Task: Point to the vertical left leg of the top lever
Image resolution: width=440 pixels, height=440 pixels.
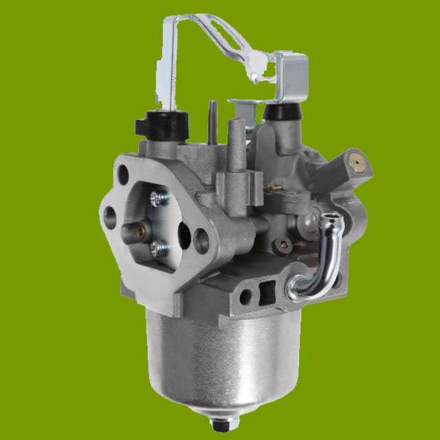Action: (169, 62)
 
